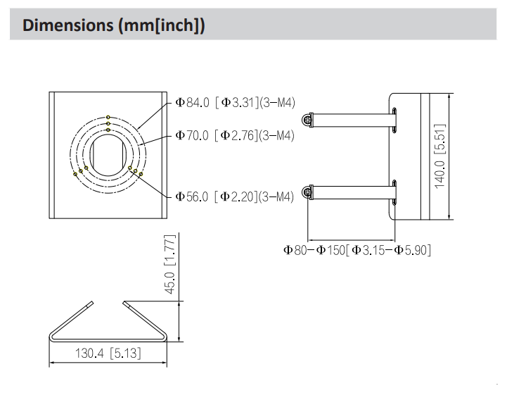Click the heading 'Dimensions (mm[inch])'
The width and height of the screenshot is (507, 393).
click(114, 26)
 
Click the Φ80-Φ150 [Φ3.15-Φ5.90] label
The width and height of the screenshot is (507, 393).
click(357, 249)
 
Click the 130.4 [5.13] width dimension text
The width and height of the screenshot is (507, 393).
click(108, 352)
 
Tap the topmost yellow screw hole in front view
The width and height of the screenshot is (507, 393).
click(108, 118)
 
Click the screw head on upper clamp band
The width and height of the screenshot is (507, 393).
click(307, 120)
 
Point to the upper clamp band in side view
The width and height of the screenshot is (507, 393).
click(352, 120)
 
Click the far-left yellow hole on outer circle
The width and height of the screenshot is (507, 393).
click(75, 173)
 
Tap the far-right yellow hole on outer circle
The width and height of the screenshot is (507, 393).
click(141, 173)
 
